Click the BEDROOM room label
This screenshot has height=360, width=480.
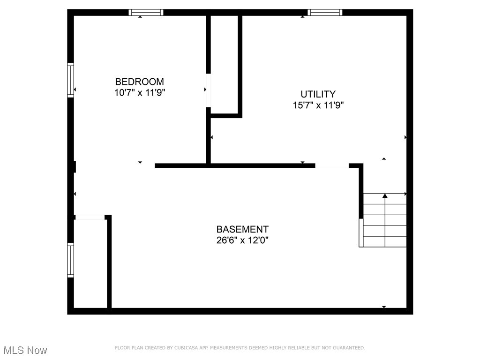pyautogui.click(x=140, y=82)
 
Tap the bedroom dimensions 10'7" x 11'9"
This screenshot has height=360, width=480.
pyautogui.click(x=140, y=93)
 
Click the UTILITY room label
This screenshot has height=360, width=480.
pyautogui.click(x=318, y=94)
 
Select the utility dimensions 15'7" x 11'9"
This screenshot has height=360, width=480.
pyautogui.click(x=318, y=105)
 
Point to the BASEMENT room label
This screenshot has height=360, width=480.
pyautogui.click(x=242, y=229)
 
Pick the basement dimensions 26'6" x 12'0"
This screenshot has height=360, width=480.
pyautogui.click(x=242, y=240)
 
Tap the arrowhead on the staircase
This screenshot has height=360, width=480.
pyautogui.click(x=385, y=195)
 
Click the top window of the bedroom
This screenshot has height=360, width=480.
pyautogui.click(x=146, y=13)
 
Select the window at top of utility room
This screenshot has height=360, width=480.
pyautogui.click(x=325, y=13)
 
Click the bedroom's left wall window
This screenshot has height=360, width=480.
pyautogui.click(x=71, y=80)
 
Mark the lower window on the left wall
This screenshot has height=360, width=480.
pyautogui.click(x=71, y=260)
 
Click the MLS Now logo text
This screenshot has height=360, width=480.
pyautogui.click(x=25, y=350)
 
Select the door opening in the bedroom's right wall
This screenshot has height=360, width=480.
pyautogui.click(x=208, y=90)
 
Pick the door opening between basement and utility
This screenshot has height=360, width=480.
pyautogui.click(x=332, y=165)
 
